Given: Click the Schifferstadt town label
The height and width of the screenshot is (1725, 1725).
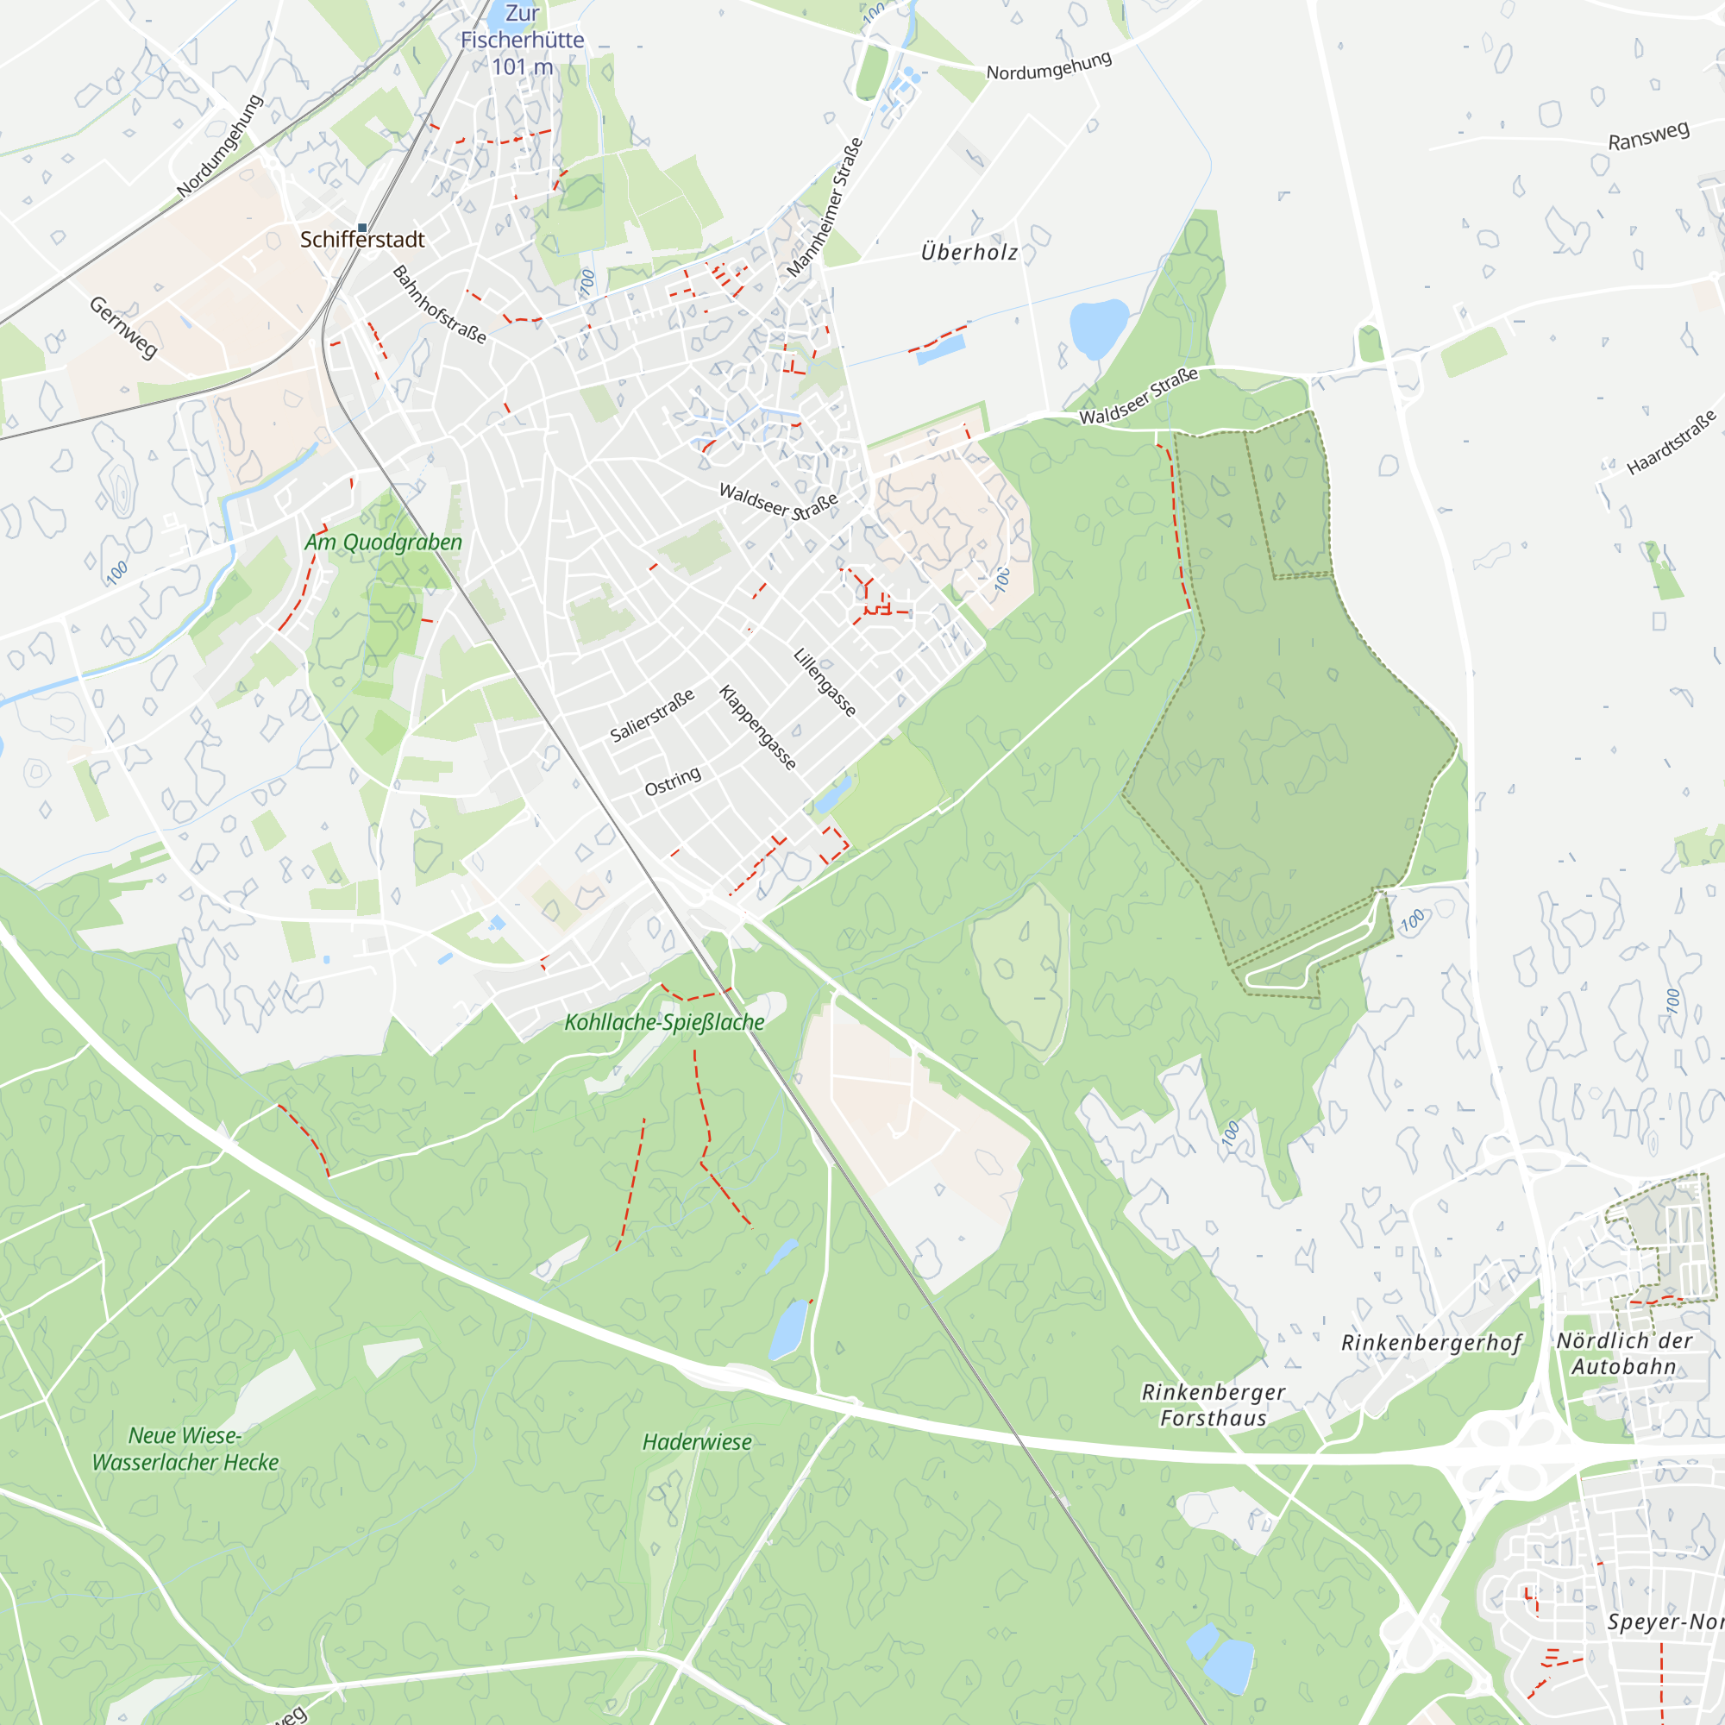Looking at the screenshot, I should (x=361, y=239).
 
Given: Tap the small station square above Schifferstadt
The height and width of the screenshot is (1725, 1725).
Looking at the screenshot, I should (x=362, y=228).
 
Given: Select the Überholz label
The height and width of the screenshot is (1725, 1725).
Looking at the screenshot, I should (x=969, y=253).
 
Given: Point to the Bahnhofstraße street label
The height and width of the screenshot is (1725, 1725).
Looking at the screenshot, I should (x=439, y=305).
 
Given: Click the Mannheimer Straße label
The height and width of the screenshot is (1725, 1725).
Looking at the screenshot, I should (x=825, y=207).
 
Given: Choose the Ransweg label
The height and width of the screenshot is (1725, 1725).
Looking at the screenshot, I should (x=1648, y=135).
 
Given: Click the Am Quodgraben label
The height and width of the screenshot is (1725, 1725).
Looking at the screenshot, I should (x=383, y=542).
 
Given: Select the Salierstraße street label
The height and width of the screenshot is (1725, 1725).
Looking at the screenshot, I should (x=652, y=716).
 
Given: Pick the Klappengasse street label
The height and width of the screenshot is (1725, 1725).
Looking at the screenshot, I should (x=757, y=728).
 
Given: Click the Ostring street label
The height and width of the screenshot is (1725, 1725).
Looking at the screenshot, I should (x=673, y=781).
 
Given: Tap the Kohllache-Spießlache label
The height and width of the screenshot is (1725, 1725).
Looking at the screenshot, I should (x=664, y=1022).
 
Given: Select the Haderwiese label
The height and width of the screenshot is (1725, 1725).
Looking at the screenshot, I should (x=696, y=1442).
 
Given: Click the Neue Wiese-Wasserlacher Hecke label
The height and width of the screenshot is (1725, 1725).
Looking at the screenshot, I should (x=185, y=1448).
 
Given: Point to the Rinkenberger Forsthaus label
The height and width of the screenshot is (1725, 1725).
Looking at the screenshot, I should (x=1213, y=1404).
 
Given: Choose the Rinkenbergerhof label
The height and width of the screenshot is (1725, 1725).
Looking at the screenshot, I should (x=1431, y=1343).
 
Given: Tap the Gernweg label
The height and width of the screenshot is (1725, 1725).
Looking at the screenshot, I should (x=123, y=328).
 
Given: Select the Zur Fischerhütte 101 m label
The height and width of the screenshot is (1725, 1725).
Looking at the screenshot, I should (x=523, y=41).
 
